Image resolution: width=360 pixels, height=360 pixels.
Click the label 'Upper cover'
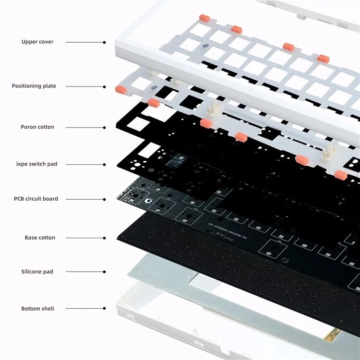click(x=37, y=42)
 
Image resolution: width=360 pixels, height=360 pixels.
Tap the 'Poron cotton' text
click(x=37, y=127)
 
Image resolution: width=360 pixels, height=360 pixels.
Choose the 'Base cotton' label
click(x=40, y=238)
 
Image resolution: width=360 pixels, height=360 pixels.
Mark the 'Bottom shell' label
click(x=37, y=309)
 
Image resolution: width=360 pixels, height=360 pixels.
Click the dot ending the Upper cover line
click(x=104, y=42)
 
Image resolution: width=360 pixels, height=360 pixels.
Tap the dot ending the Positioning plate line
click(x=104, y=87)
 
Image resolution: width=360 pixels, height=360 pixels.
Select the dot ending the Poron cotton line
click(x=104, y=128)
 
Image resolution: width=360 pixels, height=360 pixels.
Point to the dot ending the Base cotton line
click(x=104, y=238)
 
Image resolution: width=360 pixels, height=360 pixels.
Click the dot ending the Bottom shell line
click(x=104, y=309)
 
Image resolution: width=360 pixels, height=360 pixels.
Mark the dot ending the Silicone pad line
click(x=104, y=272)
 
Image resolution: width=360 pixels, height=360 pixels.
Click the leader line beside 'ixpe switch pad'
click(x=85, y=165)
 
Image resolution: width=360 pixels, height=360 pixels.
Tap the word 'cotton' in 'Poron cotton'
click(x=46, y=127)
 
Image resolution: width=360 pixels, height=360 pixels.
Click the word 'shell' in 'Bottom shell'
click(x=47, y=309)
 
